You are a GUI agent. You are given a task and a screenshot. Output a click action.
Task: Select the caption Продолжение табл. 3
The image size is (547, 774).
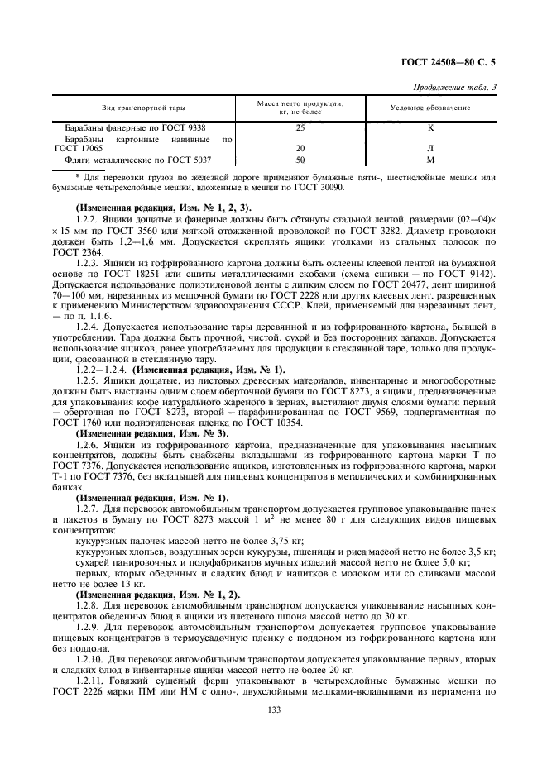[455, 87]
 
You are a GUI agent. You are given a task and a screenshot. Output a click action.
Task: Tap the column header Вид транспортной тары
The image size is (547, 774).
[142, 108]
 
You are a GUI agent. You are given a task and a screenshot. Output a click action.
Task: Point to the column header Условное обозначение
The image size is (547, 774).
[430, 108]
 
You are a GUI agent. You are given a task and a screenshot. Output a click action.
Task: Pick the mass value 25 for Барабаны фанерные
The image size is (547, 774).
[300, 128]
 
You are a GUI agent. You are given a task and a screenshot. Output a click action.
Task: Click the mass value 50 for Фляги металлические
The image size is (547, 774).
[300, 160]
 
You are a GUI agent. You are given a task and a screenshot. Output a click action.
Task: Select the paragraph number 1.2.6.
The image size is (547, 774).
[87, 445]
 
